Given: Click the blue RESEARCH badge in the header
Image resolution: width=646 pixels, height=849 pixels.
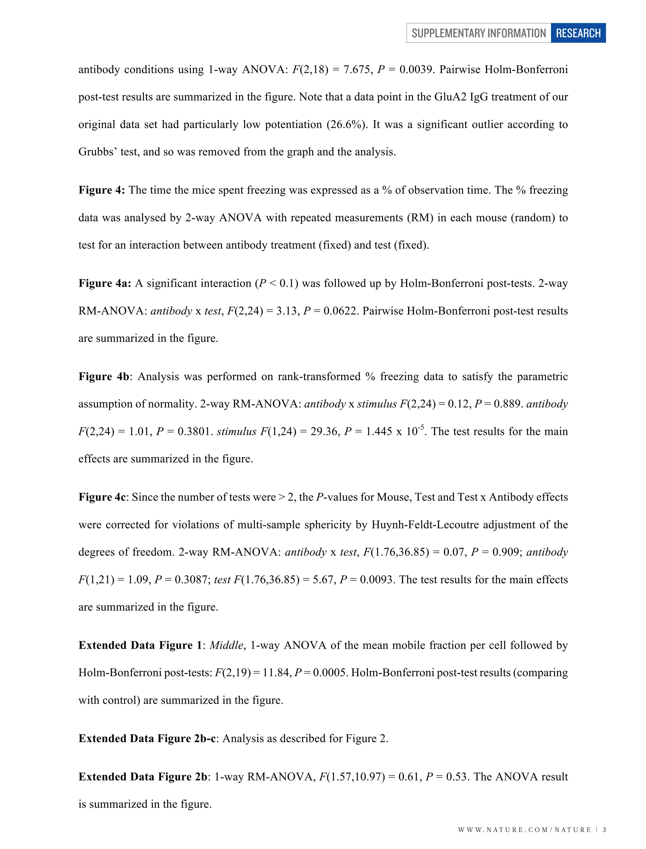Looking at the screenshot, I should tap(578, 33).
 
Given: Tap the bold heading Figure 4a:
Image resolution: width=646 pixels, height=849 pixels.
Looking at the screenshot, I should tap(105, 284).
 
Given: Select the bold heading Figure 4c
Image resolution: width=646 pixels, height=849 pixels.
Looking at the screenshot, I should tap(102, 497).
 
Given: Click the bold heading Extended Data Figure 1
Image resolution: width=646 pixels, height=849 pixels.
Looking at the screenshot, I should tap(140, 645).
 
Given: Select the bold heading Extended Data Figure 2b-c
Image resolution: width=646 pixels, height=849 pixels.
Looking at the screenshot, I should tap(147, 739).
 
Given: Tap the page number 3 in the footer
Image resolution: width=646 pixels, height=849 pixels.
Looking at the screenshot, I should tap(604, 830).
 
